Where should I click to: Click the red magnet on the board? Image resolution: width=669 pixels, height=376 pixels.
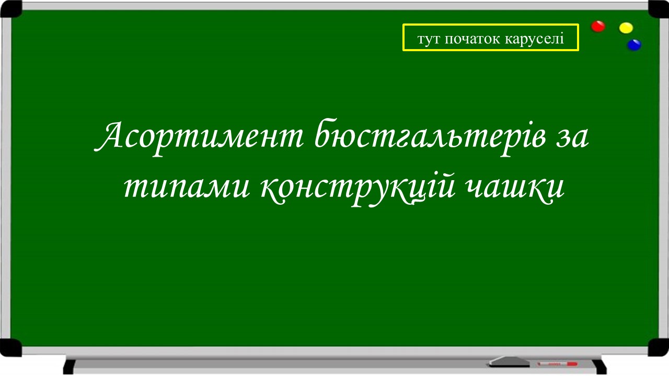598,26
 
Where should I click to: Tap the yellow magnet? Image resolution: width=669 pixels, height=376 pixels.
626,28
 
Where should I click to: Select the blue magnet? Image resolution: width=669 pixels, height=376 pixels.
634,45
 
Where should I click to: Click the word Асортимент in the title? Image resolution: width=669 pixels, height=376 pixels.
201,137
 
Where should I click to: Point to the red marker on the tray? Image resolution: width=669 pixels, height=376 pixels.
557,363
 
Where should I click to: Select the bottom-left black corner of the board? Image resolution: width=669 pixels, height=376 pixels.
10,347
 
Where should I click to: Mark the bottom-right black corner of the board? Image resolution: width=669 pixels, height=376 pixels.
659,347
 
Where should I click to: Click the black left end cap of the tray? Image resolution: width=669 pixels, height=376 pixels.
68,366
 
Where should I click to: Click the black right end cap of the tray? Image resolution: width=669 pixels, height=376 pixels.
601,366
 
